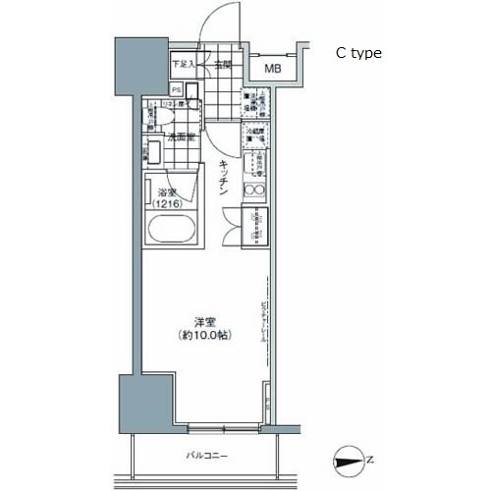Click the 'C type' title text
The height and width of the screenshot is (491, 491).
click(x=358, y=54)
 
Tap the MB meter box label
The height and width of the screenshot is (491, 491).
click(x=273, y=70)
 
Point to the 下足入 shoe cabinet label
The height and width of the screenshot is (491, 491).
click(x=184, y=65)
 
